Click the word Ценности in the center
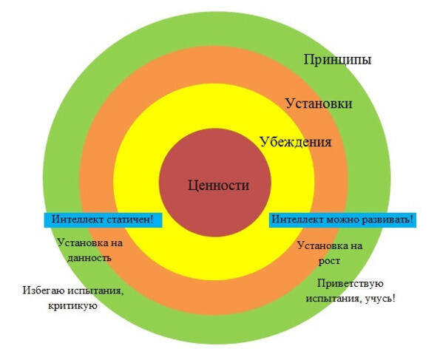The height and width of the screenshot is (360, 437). [219, 186]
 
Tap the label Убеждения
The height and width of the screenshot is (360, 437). [296, 142]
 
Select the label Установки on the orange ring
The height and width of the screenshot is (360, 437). [319, 103]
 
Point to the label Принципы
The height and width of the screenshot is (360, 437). [337, 60]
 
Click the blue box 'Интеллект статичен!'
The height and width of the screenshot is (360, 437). [103, 220]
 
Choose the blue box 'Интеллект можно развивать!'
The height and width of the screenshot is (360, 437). [342, 220]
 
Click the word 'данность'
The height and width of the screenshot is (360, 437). [89, 258]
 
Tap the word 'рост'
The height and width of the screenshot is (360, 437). [330, 262]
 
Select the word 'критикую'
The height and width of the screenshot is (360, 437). [72, 305]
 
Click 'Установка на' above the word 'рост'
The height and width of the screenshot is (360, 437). [330, 246]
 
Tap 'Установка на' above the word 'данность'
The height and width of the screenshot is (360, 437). [90, 243]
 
